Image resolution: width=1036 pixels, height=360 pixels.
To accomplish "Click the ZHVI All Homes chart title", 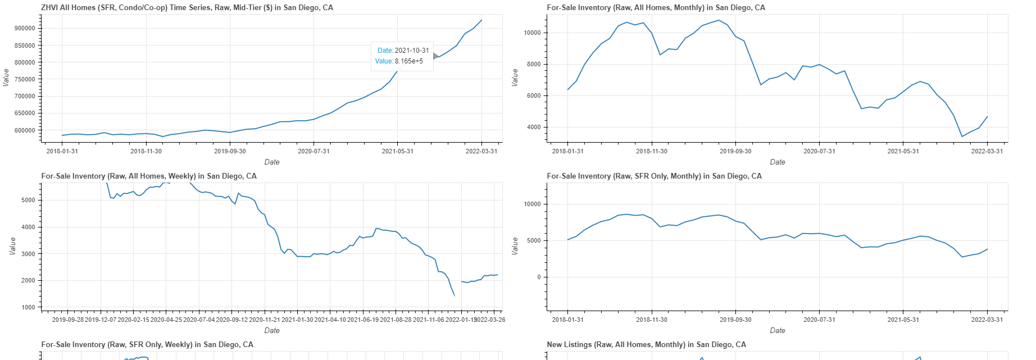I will click(187, 8).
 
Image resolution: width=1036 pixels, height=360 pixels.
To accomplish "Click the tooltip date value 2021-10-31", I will click(412, 51).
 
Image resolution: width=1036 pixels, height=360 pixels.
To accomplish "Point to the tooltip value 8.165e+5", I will click(408, 61).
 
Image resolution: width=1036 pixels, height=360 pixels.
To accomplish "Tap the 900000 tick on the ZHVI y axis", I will click(25, 28).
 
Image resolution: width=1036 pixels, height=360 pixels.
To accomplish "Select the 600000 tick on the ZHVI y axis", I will click(25, 130).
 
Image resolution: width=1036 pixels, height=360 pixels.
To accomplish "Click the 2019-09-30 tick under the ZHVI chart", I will click(230, 151).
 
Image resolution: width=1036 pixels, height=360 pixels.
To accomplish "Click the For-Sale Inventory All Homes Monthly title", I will click(656, 8).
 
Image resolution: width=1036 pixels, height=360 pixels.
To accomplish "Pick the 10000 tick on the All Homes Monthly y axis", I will click(532, 33).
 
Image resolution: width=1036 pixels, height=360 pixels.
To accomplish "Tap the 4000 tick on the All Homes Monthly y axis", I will click(534, 127).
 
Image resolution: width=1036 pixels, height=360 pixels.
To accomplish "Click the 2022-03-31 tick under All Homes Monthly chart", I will click(987, 151).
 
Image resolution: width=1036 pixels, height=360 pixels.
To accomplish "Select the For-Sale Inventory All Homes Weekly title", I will click(149, 176).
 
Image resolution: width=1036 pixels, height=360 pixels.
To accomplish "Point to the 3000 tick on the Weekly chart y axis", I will click(28, 254).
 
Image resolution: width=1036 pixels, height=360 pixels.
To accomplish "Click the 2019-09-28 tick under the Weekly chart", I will click(67, 320).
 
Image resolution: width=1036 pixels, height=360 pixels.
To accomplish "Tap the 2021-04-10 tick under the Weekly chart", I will click(330, 320).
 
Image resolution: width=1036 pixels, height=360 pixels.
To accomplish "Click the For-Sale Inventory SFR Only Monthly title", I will click(654, 176).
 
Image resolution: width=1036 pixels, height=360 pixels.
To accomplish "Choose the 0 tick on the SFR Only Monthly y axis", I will click(539, 277).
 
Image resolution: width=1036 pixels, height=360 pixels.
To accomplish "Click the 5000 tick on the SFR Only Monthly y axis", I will click(534, 240).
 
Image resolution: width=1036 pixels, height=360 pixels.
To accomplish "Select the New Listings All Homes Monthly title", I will click(646, 345).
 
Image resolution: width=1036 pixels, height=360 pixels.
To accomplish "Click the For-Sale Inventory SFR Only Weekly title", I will click(147, 345).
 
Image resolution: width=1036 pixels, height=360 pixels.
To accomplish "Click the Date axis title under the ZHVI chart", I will click(272, 162).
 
